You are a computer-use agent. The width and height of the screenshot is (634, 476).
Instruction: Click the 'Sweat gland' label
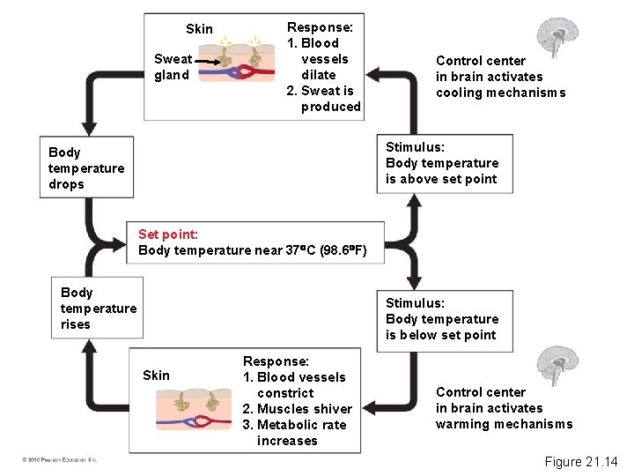(x=172, y=67)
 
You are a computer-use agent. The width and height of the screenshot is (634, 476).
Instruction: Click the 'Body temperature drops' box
(x=85, y=167)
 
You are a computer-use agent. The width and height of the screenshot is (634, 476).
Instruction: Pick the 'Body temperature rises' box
(x=98, y=308)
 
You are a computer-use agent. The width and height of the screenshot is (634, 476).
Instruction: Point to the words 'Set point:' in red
(x=168, y=234)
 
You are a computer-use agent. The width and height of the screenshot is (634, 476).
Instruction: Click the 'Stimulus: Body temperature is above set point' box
(x=443, y=163)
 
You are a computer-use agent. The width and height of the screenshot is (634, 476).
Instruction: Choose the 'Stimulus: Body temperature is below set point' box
(x=443, y=319)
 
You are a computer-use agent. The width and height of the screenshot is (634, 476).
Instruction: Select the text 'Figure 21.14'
(x=581, y=461)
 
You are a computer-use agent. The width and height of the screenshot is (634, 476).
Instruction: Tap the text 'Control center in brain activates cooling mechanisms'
(x=500, y=77)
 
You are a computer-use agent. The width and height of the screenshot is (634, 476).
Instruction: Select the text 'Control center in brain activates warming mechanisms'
(x=504, y=408)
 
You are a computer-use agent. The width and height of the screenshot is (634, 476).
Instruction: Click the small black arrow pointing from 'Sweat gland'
(x=208, y=61)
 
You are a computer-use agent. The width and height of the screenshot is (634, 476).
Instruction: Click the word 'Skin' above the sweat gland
(x=199, y=29)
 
